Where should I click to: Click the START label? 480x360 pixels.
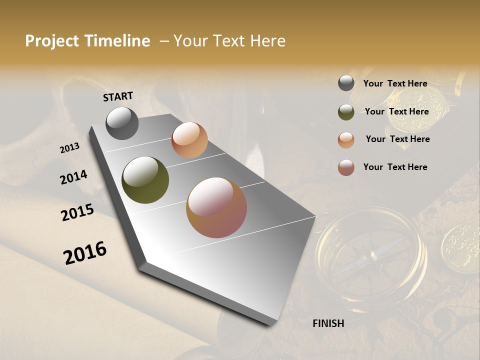pos(118,96)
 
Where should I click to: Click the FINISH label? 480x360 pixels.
pos(328,323)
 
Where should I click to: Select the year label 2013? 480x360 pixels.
pos(69,148)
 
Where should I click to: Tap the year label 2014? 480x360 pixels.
pos(73,177)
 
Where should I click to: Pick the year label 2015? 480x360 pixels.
pos(77,212)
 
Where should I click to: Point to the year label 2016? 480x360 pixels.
pos(85,252)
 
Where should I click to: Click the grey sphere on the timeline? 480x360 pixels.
pos(122,123)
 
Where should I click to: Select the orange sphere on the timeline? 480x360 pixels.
pos(189,140)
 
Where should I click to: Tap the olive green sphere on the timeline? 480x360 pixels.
pos(145,180)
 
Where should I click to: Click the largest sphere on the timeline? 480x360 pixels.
pos(216,207)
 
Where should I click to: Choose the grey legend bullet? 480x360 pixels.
pos(346,83)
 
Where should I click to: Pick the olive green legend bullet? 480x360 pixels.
pos(346,112)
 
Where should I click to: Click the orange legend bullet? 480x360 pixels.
pos(346,140)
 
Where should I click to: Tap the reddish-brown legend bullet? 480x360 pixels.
pos(346,167)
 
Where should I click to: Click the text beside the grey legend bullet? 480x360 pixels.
pos(395,83)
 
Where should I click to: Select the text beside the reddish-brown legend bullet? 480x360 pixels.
pos(395,167)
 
